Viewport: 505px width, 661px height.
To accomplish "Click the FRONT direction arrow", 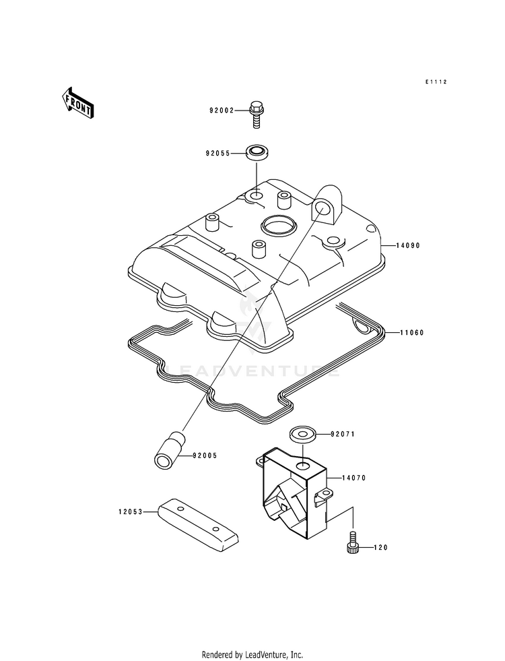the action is pyautogui.click(x=77, y=102).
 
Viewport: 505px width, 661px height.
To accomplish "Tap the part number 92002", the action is pyautogui.click(x=222, y=111).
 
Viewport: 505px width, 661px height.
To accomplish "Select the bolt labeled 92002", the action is pyautogui.click(x=255, y=115).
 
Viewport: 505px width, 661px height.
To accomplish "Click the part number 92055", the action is pyautogui.click(x=217, y=154).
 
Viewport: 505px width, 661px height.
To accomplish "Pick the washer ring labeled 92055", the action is pyautogui.click(x=258, y=152).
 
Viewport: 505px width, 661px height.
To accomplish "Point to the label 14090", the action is pyautogui.click(x=408, y=245).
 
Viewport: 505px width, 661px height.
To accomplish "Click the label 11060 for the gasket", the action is pyautogui.click(x=412, y=333).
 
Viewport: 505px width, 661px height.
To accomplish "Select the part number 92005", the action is pyautogui.click(x=205, y=455).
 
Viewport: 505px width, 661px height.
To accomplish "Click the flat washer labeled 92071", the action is pyautogui.click(x=303, y=434).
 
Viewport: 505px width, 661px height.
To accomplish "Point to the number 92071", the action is pyautogui.click(x=343, y=434).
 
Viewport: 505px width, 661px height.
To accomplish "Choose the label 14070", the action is pyautogui.click(x=353, y=478).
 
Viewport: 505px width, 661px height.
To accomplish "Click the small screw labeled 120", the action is pyautogui.click(x=353, y=542).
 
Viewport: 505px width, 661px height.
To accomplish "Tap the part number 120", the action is pyautogui.click(x=380, y=548).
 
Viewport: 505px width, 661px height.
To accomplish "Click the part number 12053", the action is pyautogui.click(x=131, y=512).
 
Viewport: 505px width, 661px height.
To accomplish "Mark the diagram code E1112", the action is pyautogui.click(x=436, y=82).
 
